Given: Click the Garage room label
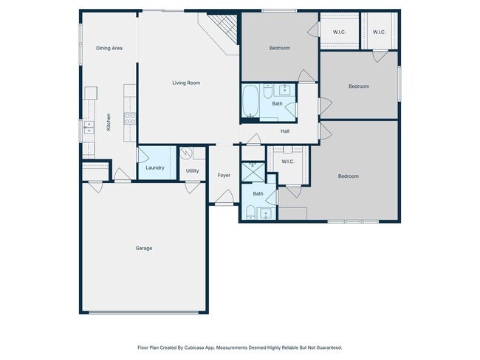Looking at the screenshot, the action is coord(144,248).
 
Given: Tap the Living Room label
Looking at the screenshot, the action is coord(186,83).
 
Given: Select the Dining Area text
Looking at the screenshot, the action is coord(109,48).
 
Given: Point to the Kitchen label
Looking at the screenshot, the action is coord(109,122).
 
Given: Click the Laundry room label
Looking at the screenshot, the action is coord(155,167).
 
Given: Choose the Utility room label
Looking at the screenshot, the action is coord(193,170).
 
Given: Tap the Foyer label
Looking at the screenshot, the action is coord(224,176).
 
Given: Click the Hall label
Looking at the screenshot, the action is coord(285,131).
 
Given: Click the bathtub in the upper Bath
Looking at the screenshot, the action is coord(251,100).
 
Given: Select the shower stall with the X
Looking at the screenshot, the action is coord(253,173).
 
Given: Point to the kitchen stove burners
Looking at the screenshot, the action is coord(130,118).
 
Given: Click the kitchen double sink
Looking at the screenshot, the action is coord(89,128).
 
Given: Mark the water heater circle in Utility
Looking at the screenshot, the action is coord(185,153).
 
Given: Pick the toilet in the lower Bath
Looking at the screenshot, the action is coord(251,212).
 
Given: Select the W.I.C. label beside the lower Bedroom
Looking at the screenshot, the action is coord(288,162).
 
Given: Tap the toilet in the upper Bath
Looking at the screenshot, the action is coord(267,91).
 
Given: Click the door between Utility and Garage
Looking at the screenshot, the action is coord(193,187).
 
